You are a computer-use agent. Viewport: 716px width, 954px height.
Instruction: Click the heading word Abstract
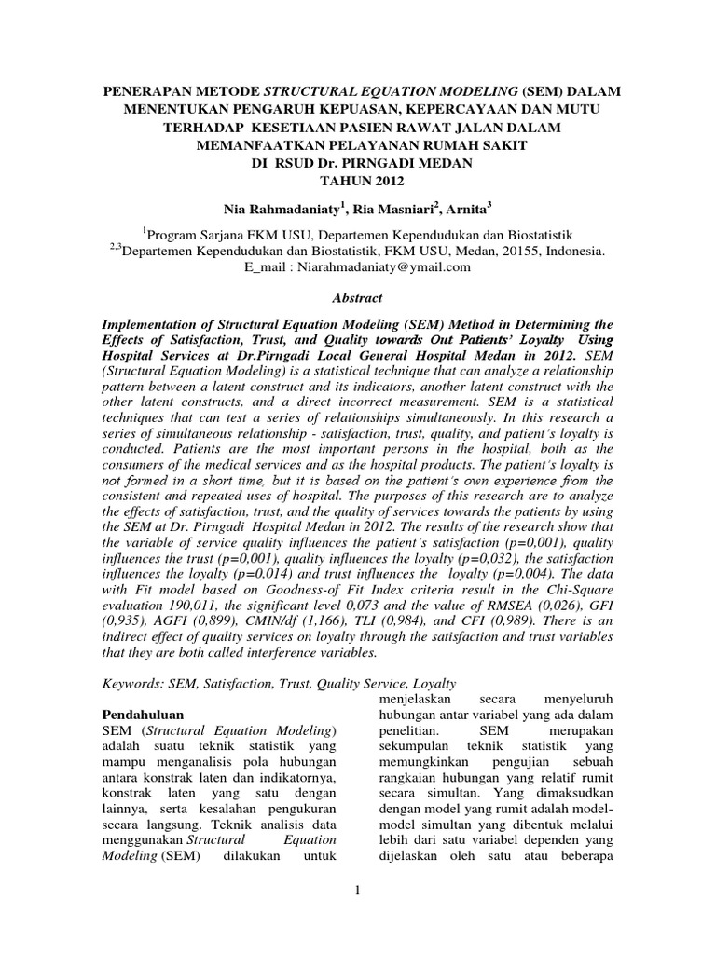(358, 298)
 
